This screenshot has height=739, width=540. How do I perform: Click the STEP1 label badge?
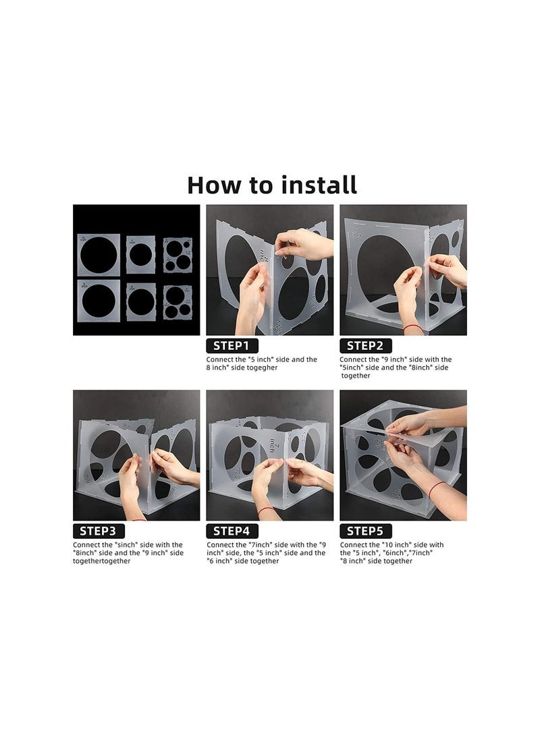[232, 346]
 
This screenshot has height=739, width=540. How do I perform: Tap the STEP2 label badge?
[365, 346]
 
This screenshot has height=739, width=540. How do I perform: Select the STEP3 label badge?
[99, 531]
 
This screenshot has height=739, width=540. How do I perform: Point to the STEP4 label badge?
[232, 531]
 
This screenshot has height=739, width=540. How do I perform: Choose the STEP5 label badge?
[365, 531]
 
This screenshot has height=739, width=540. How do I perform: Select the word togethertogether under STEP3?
[101, 561]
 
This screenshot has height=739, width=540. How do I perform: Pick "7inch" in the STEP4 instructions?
[260, 545]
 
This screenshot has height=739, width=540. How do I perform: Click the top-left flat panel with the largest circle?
[99, 255]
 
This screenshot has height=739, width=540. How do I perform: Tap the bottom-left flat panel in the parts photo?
[99, 301]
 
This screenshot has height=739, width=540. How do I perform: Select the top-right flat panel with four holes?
[178, 255]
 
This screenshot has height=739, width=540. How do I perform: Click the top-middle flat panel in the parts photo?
[140, 255]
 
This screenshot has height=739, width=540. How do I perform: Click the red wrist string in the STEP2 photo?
[413, 326]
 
